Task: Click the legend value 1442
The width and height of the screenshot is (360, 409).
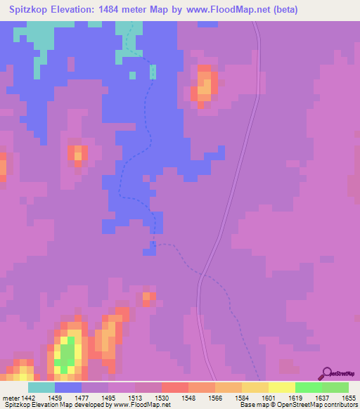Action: pyautogui.click(x=29, y=397)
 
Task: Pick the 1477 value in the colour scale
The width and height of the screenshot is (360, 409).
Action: pyautogui.click(x=82, y=397)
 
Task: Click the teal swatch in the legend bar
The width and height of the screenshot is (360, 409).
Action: pyautogui.click(x=41, y=387)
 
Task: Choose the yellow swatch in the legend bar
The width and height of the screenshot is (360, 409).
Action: pyautogui.click(x=282, y=387)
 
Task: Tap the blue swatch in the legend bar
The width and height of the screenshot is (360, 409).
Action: pyautogui.click(x=68, y=387)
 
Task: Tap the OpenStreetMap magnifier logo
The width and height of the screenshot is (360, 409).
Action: pyautogui.click(x=326, y=374)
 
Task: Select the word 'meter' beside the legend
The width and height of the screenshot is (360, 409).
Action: pyautogui.click(x=11, y=397)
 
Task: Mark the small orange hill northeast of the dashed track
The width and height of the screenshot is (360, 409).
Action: pyautogui.click(x=204, y=84)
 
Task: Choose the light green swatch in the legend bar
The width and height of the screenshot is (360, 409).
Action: pyautogui.click(x=335, y=387)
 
